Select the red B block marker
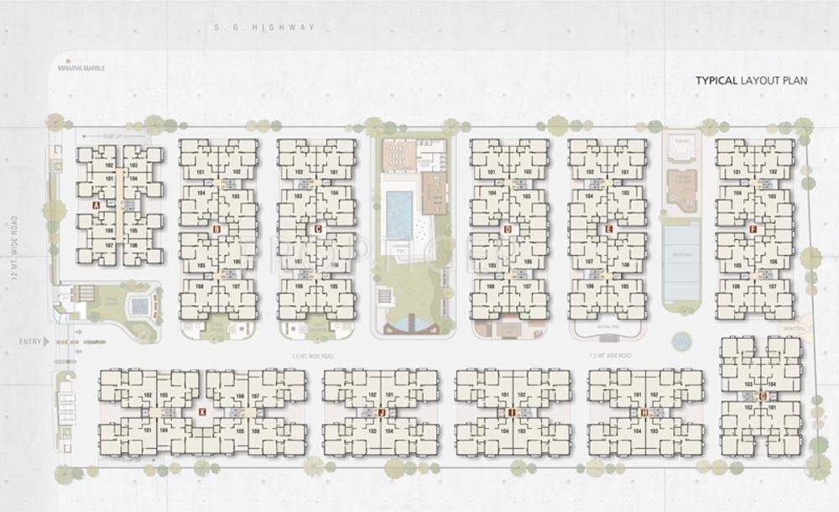point(216,228)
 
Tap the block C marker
point(318,228)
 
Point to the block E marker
point(609,228)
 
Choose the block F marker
point(753,228)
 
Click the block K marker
point(202,411)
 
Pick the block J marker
point(380,412)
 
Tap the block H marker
point(644,412)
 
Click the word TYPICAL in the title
point(715,81)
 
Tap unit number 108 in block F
point(736,286)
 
